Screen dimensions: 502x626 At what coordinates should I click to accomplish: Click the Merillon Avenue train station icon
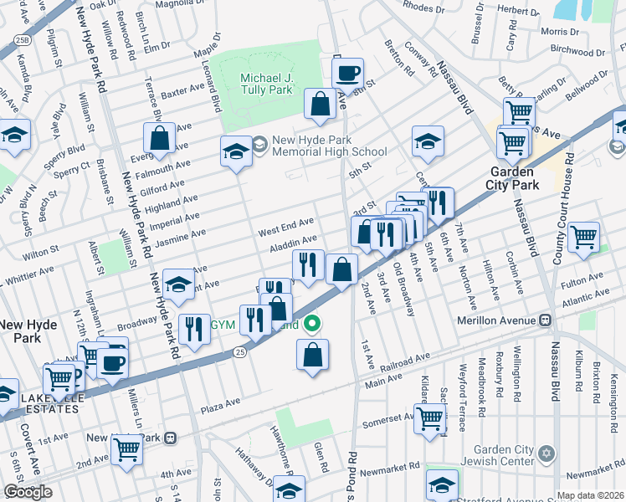coord(545,320)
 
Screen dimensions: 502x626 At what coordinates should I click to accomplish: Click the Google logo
coord(28,491)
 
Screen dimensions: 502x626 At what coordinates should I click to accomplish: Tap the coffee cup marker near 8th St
coord(347,74)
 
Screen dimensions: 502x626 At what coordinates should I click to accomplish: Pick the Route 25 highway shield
coord(239,355)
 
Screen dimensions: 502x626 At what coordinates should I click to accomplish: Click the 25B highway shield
coord(23,40)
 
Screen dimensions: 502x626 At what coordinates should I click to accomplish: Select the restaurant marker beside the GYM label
coord(195,328)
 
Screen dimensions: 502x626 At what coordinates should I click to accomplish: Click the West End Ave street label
coord(285,223)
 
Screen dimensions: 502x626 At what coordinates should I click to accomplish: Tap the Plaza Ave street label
coord(220,404)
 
